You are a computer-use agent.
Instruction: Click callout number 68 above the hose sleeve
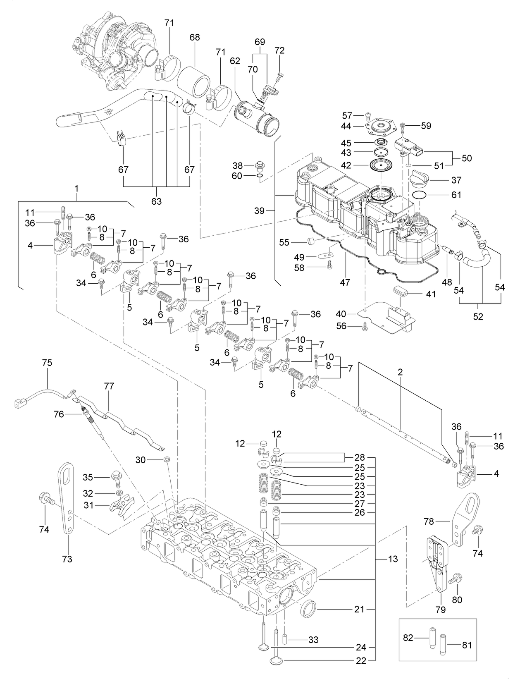tap(195, 37)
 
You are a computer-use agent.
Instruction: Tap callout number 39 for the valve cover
tap(259, 211)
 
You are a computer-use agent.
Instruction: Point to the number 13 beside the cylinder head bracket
tap(393, 559)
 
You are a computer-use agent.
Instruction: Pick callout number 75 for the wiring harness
tap(47, 363)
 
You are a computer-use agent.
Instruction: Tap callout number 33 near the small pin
tap(313, 640)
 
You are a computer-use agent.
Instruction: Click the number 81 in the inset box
tap(467, 645)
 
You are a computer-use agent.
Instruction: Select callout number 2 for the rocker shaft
tap(400, 372)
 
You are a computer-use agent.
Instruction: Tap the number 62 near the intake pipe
tap(235, 61)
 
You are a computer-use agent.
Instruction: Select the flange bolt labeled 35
tap(116, 480)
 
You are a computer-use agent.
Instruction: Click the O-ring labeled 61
tap(420, 194)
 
